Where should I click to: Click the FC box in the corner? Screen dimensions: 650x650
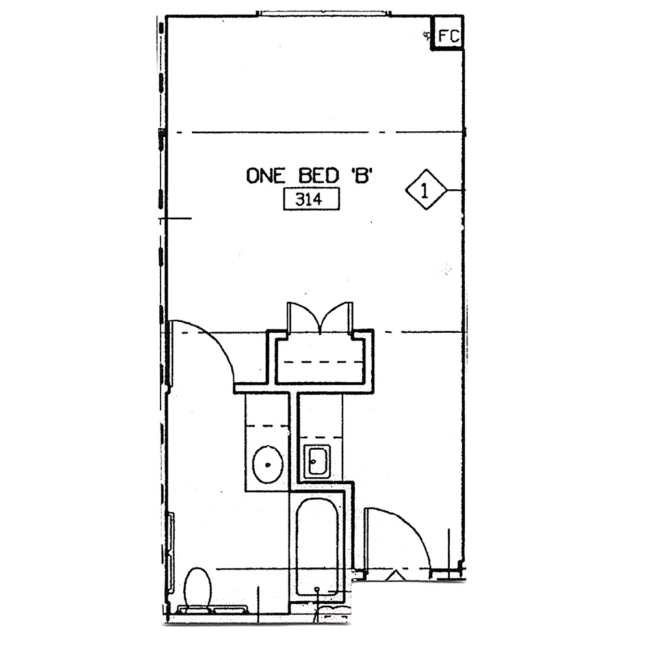[x=448, y=33]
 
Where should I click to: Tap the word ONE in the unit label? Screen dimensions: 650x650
[x=266, y=175]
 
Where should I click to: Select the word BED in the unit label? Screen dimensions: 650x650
[x=318, y=175]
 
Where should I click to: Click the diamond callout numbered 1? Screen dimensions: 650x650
[x=426, y=190]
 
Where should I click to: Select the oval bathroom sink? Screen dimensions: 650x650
[x=268, y=465]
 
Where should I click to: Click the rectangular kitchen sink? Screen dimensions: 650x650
[x=317, y=461]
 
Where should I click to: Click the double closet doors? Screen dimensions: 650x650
[x=320, y=318]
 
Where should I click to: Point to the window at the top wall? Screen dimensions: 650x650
[x=323, y=14]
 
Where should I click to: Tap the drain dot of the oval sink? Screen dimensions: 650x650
[x=268, y=465]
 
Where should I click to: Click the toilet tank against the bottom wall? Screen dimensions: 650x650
[x=213, y=610]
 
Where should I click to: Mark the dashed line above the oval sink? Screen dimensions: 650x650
[x=267, y=426]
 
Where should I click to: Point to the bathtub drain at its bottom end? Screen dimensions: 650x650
[x=317, y=589]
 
